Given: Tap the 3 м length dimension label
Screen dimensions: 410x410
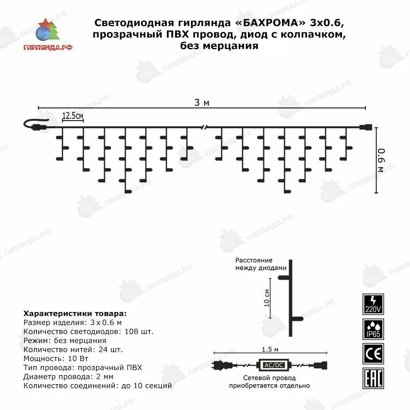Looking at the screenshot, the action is pyautogui.click(x=202, y=102).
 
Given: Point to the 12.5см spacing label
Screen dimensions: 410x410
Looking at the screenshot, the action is pyautogui.click(x=73, y=116).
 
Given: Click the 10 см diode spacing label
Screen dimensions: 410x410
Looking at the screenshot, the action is pyautogui.click(x=267, y=298).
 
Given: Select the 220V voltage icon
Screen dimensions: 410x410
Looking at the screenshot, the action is pyautogui.click(x=373, y=304).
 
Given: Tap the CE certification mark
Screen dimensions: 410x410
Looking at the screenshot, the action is pyautogui.click(x=373, y=353).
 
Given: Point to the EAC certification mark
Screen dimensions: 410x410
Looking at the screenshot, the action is pyautogui.click(x=373, y=378).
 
